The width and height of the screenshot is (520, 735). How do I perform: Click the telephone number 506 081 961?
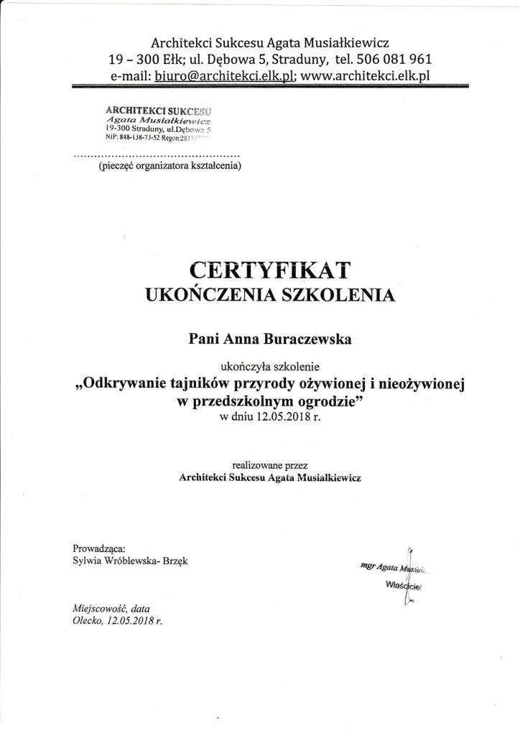(397, 59)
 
